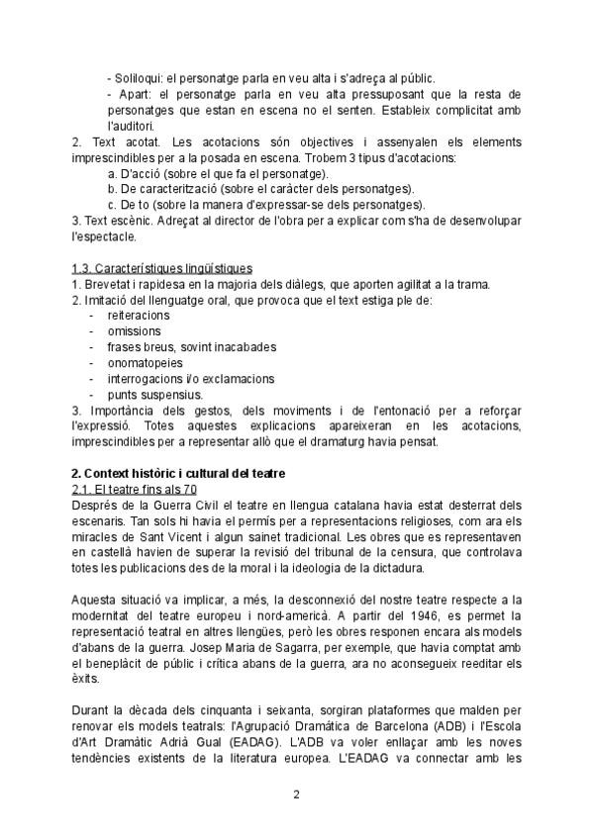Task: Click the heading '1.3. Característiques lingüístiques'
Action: [x=162, y=268]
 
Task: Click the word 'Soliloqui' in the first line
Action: [x=141, y=78]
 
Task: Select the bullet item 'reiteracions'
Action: [x=139, y=316]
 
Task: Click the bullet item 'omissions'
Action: [x=134, y=331]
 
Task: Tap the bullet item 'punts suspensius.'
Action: [x=154, y=394]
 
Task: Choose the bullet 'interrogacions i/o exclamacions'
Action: [x=191, y=379]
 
